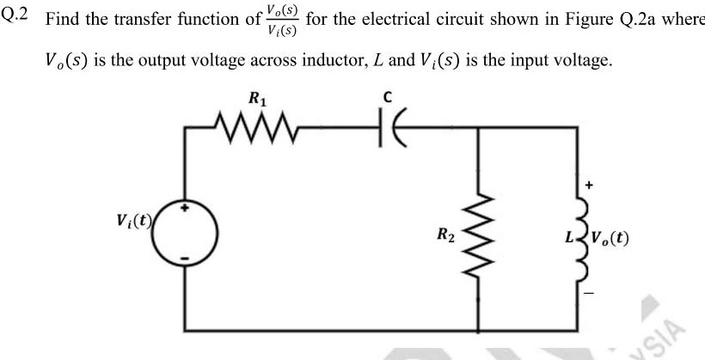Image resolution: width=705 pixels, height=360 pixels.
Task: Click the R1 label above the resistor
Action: tap(256, 100)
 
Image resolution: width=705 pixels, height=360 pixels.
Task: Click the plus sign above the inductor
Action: tap(589, 183)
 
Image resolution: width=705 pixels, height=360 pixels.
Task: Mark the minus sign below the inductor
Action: tap(589, 290)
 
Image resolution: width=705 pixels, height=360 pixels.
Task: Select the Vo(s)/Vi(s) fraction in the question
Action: tap(282, 18)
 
